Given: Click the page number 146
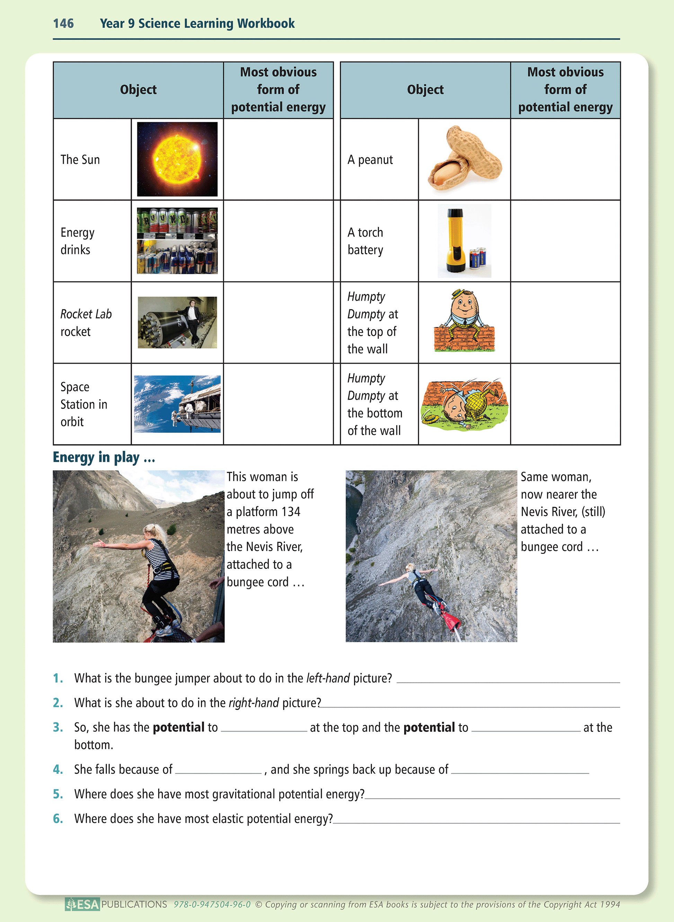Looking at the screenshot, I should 63,23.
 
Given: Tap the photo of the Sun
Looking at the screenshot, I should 177,159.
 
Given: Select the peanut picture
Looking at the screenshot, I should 464,159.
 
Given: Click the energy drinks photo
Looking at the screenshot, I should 177,241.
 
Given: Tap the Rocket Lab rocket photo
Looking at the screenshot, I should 177,322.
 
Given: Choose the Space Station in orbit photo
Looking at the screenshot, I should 177,404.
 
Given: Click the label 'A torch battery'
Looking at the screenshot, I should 365,241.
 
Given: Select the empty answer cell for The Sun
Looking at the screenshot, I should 278,159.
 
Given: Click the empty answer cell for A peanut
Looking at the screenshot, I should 565,159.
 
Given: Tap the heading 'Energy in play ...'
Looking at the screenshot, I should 104,457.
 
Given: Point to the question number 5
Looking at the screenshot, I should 58,794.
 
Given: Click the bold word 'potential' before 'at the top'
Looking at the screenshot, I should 178,727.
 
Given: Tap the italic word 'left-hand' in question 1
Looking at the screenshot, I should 328,678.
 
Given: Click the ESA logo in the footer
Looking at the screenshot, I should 82,904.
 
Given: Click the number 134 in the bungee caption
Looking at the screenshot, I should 291,512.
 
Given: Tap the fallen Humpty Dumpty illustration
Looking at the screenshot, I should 464,404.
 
